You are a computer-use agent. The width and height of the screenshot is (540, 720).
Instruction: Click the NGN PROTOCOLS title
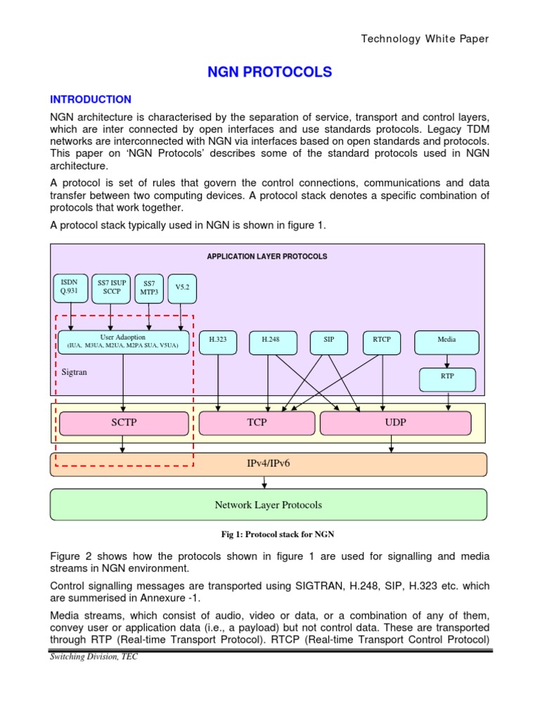pos(269,72)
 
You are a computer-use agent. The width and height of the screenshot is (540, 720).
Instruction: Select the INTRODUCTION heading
pos(90,99)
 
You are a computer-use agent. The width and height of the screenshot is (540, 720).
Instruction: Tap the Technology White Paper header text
pos(424,39)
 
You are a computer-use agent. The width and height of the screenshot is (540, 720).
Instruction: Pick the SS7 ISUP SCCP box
pos(111,287)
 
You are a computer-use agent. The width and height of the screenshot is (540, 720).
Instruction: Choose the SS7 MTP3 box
pos(148,287)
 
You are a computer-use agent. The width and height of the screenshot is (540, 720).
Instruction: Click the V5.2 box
pos(182,287)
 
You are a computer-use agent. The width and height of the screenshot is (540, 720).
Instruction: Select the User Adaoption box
pos(123,342)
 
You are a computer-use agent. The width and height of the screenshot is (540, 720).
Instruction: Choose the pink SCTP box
pos(124,423)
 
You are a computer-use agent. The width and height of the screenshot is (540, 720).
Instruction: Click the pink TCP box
pos(257,423)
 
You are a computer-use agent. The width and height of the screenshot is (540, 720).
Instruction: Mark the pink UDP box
pos(395,423)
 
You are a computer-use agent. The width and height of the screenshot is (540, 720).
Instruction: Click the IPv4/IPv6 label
pos(268,464)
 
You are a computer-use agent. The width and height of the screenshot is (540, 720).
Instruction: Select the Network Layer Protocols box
pos(268,505)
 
